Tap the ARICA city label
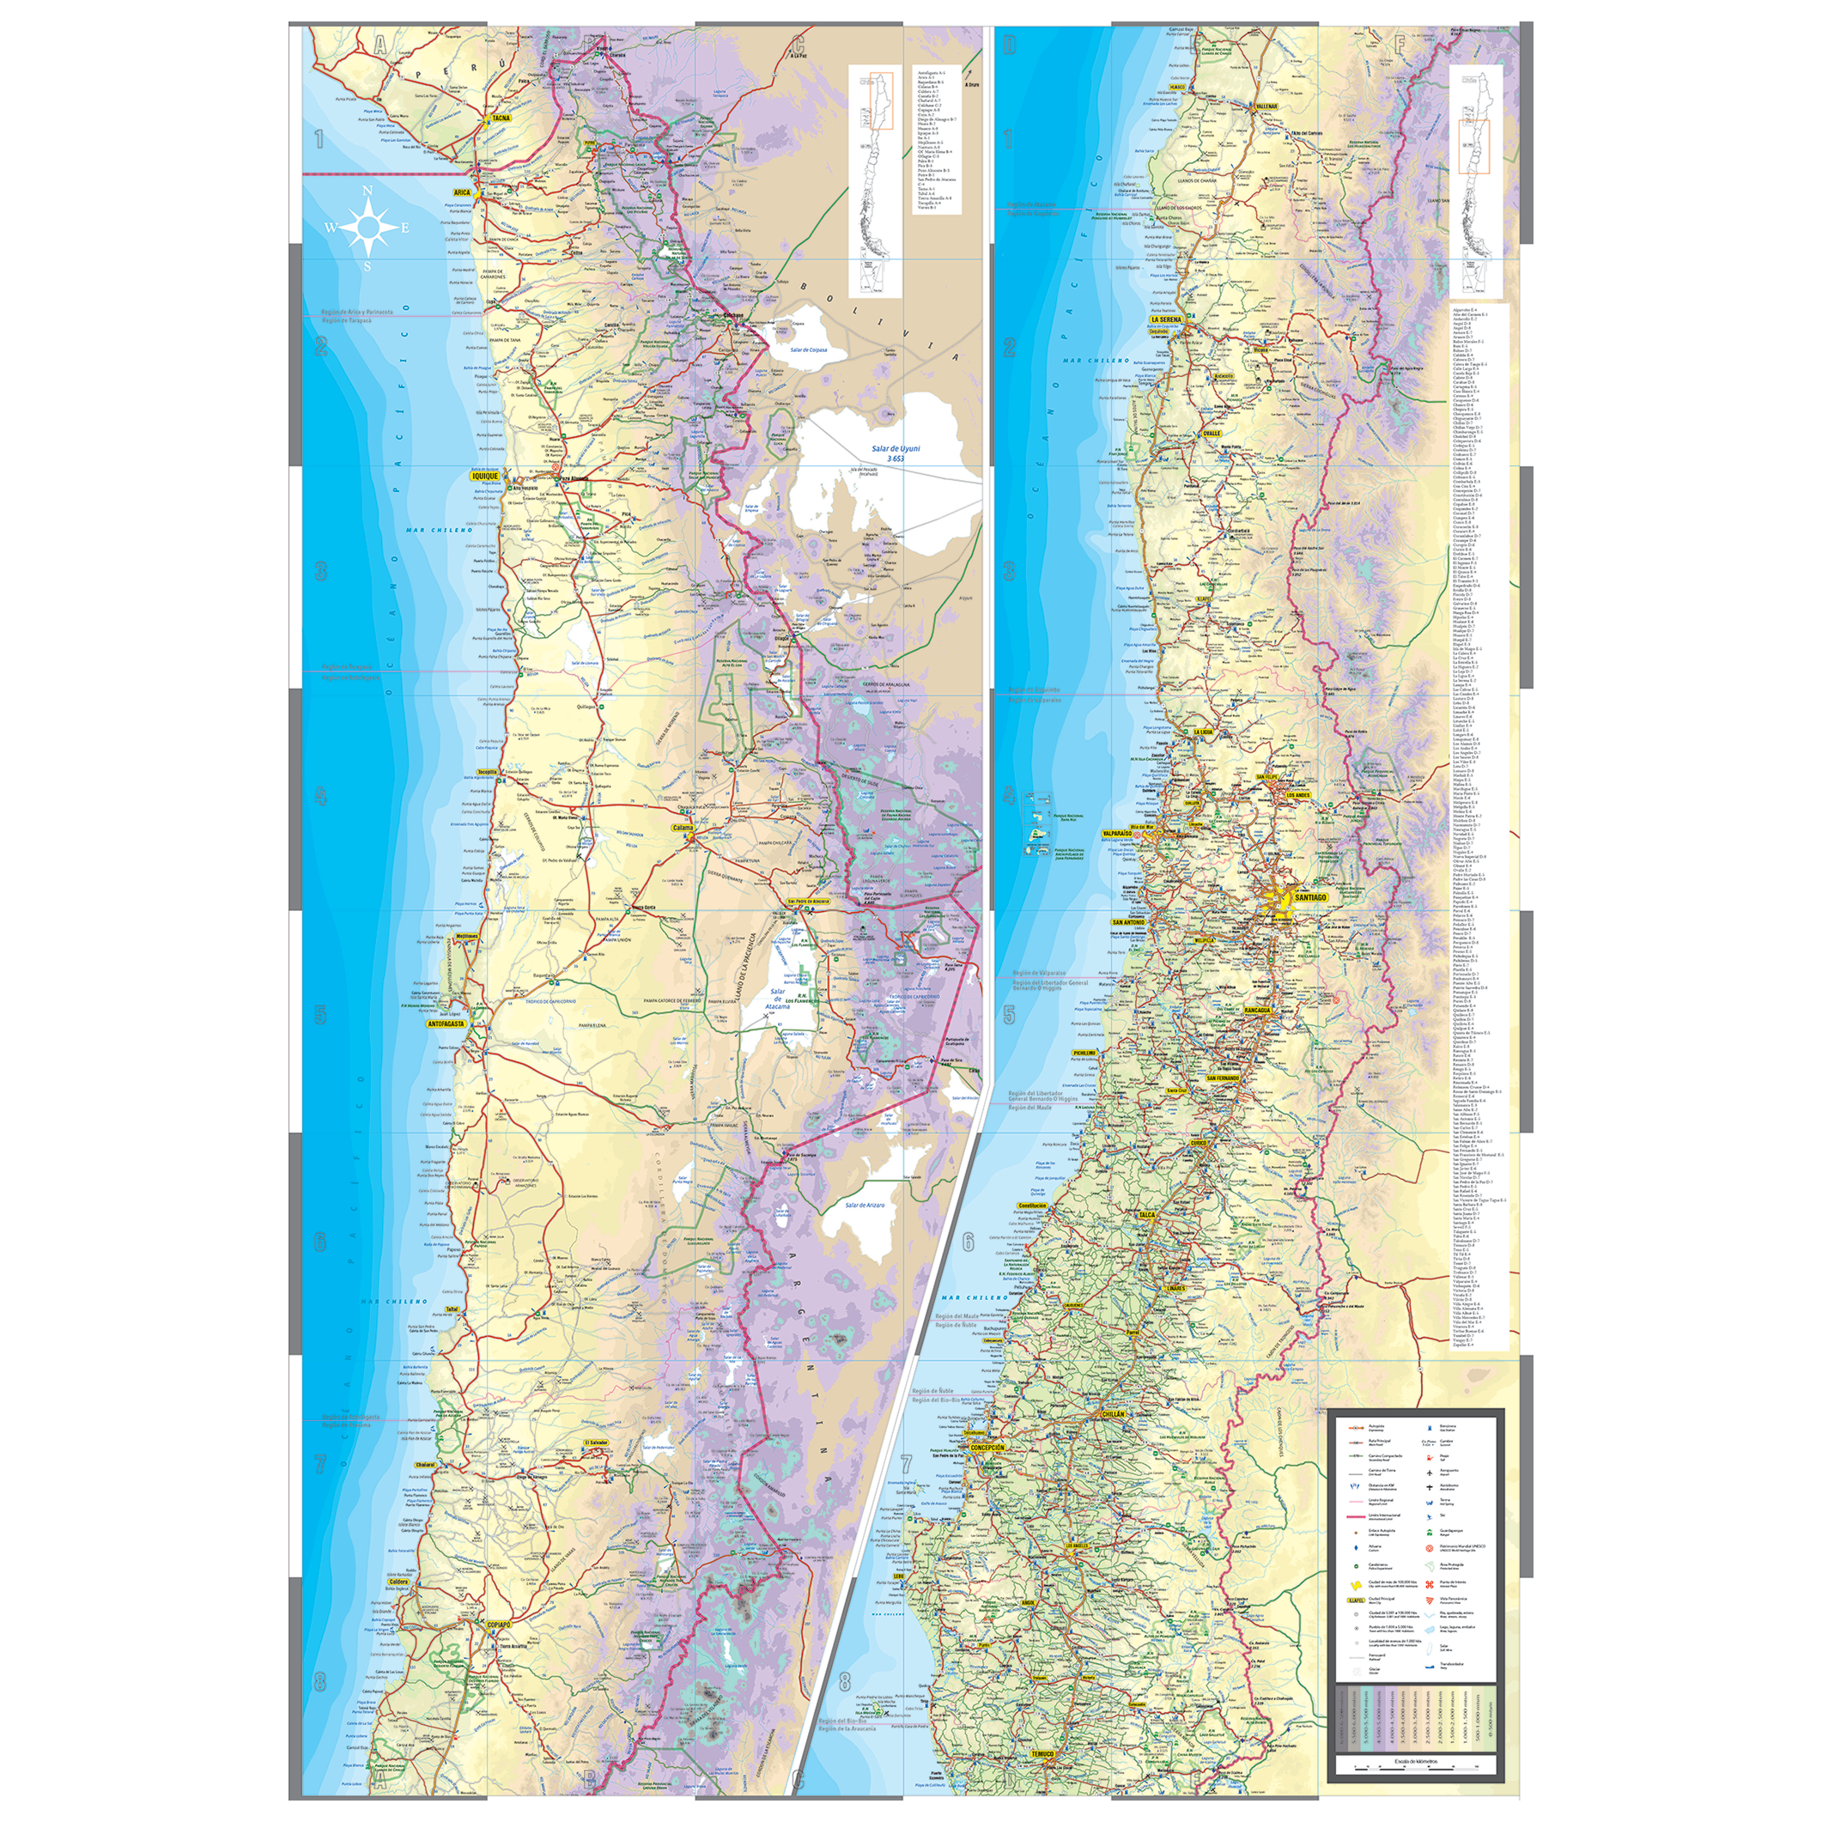tap(461, 191)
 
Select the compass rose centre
tap(367, 228)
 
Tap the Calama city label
tap(682, 828)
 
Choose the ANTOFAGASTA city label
tap(446, 1023)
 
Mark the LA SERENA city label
tap(1166, 319)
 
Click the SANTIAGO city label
tap(1310, 898)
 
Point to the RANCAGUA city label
tap(1257, 1010)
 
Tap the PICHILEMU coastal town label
tap(1084, 1053)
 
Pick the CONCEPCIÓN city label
tap(987, 1448)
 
